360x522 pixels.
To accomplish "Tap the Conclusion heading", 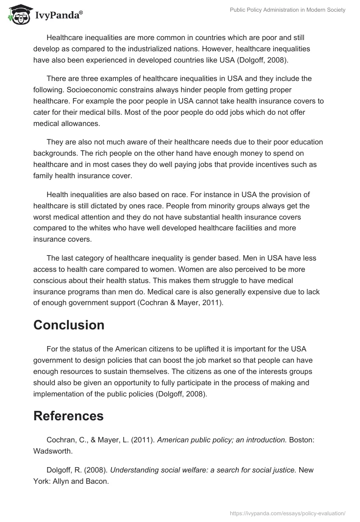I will (x=69, y=325).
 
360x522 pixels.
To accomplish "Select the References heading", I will (x=68, y=416).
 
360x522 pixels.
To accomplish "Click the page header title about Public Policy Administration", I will (x=288, y=10).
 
